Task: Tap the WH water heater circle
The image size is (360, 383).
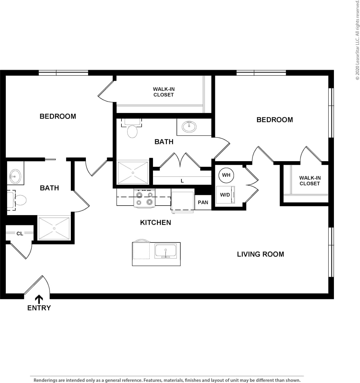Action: pyautogui.click(x=226, y=175)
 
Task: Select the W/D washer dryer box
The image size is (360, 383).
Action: pyautogui.click(x=225, y=195)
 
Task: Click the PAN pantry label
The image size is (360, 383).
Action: pyautogui.click(x=203, y=203)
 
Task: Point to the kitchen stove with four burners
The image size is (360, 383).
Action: pyautogui.click(x=144, y=198)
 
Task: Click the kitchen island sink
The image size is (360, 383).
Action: pyautogui.click(x=166, y=251)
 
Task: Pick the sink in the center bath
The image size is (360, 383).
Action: pyautogui.click(x=189, y=126)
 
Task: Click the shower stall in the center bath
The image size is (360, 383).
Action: pyautogui.click(x=133, y=173)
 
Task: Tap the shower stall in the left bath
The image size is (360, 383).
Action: pyautogui.click(x=54, y=228)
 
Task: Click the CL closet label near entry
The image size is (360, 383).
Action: pyautogui.click(x=20, y=234)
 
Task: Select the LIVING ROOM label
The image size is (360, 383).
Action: pyautogui.click(x=260, y=254)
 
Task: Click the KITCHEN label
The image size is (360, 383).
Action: pyautogui.click(x=155, y=222)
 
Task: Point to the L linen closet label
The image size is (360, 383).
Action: pyautogui.click(x=182, y=181)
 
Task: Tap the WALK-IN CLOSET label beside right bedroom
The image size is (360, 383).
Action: pyautogui.click(x=310, y=181)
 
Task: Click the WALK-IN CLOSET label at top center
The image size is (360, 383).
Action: pyautogui.click(x=164, y=92)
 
